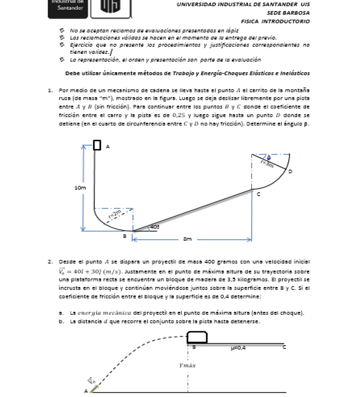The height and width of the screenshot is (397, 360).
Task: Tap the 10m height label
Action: [x=80, y=188]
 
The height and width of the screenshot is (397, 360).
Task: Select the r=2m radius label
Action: [x=115, y=212]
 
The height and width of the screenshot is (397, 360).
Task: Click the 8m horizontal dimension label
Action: [x=187, y=239]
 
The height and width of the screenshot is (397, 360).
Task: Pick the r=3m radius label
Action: [x=267, y=163]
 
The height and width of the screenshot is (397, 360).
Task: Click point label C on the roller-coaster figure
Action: [x=259, y=194]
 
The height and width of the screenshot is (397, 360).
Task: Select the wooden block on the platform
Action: [x=197, y=337]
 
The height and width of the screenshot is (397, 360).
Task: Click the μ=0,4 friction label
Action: [x=238, y=348]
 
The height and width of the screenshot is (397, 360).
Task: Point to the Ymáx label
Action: [x=187, y=365]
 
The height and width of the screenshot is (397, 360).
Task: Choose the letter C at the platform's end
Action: [x=283, y=348]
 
